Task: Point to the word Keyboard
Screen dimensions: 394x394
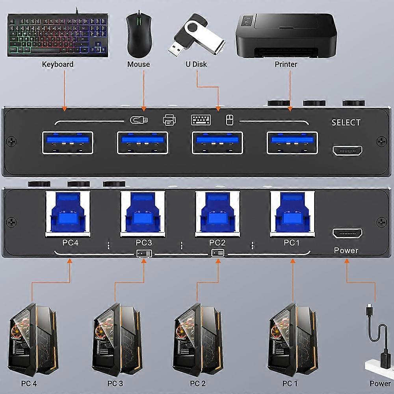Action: pos(58,64)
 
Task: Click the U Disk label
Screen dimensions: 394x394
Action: pos(196,64)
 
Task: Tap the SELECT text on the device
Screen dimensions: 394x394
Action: pos(346,123)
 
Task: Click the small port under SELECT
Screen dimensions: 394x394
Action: pos(347,151)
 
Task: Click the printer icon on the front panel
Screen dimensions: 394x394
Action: pos(169,119)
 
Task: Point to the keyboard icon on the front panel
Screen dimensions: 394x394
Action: pos(201,119)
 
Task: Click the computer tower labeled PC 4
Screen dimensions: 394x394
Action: pos(33,339)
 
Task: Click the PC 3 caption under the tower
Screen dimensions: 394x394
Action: pos(115,383)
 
